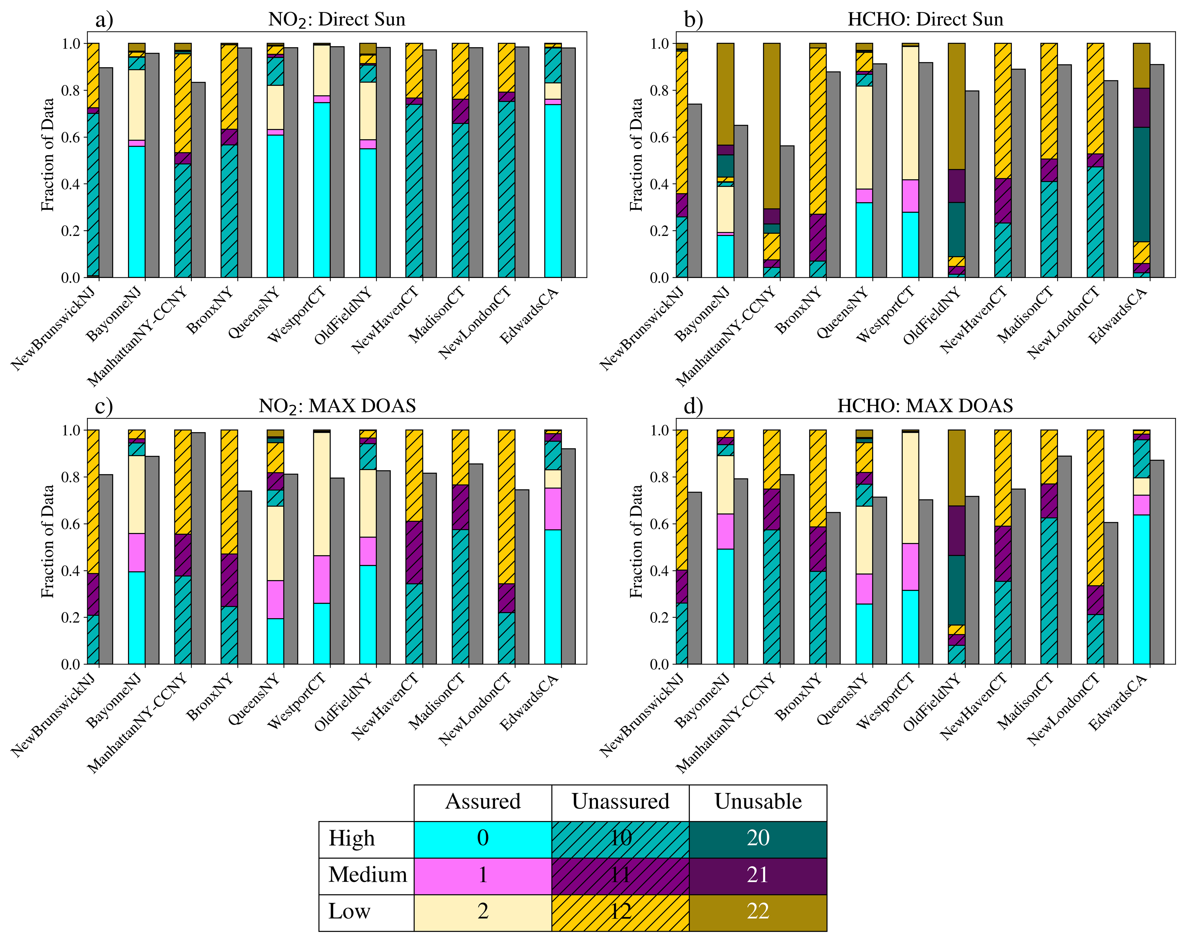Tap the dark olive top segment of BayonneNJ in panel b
pyautogui.click(x=725, y=94)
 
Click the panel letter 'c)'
pyautogui.click(x=104, y=406)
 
